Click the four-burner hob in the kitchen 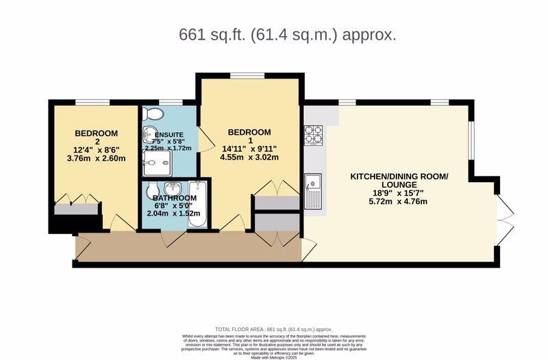click(x=313, y=134)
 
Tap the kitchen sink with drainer click(x=314, y=190)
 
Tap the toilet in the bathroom click(x=151, y=188)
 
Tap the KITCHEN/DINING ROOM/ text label click(x=399, y=177)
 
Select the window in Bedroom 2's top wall click(x=92, y=103)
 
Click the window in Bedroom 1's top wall click(x=242, y=75)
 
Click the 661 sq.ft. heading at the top click(x=287, y=34)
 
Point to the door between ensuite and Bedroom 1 click(x=203, y=140)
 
